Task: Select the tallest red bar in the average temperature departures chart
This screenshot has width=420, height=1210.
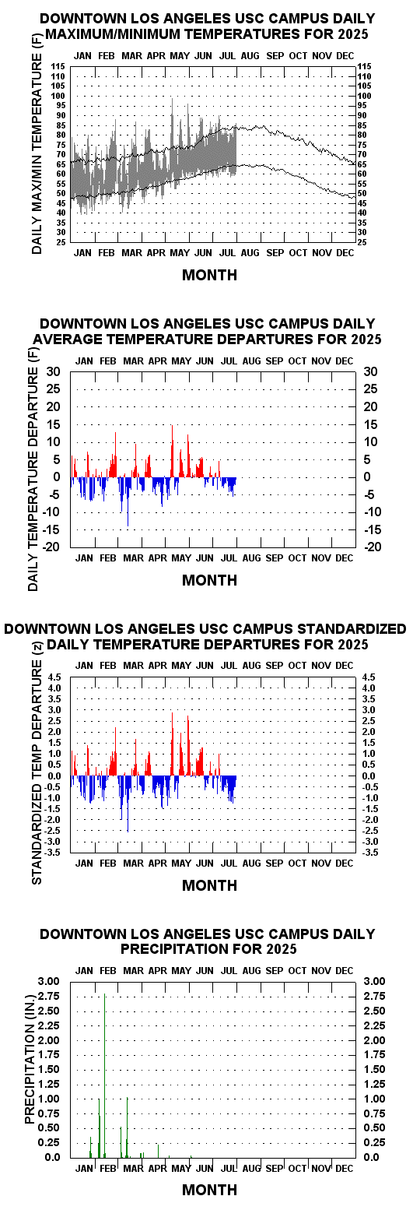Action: click(172, 451)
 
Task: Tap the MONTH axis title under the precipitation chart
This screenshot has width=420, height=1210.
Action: click(209, 1190)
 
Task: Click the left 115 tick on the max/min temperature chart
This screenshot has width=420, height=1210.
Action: click(58, 66)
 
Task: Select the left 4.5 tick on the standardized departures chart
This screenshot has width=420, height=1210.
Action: click(55, 677)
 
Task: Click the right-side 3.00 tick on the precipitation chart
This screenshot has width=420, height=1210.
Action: click(375, 981)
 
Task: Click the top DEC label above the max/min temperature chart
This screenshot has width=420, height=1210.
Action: click(345, 55)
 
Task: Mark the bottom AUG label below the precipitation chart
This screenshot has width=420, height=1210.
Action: click(251, 1168)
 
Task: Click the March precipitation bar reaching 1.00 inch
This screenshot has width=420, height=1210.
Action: click(127, 1127)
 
